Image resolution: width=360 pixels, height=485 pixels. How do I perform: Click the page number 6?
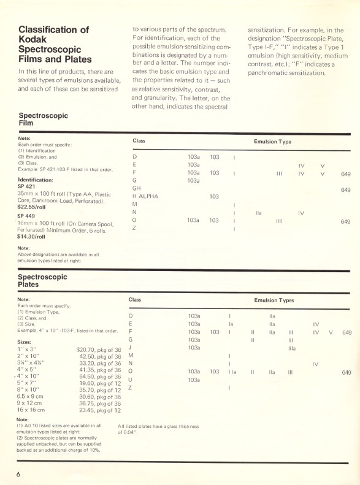click(18, 474)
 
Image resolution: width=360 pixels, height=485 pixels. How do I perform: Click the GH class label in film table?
click(137, 188)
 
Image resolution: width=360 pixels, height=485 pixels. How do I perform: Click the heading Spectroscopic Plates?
click(42, 281)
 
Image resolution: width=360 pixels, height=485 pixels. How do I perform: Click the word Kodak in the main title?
click(34, 39)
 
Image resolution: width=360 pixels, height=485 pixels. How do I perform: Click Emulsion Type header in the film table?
click(272, 141)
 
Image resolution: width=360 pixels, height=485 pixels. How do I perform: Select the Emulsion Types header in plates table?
click(274, 300)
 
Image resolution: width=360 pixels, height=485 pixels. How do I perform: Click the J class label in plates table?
click(131, 347)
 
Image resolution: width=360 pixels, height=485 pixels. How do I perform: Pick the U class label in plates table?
click(131, 380)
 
